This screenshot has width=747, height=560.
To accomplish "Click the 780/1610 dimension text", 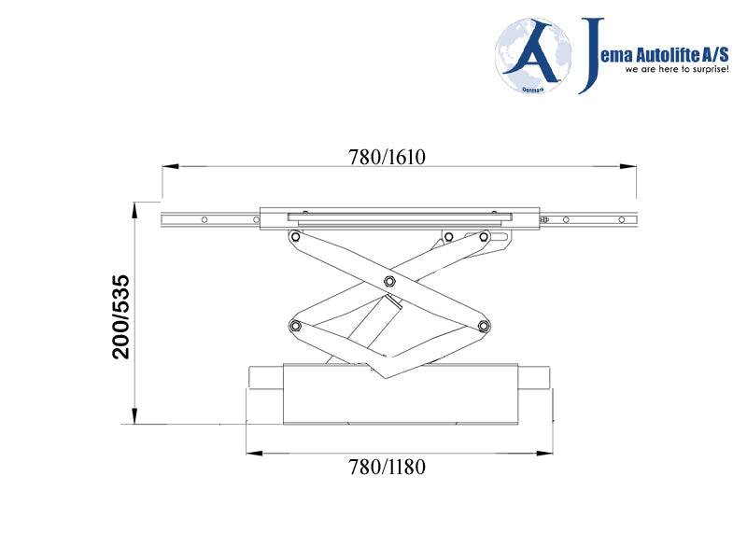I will click(x=387, y=157).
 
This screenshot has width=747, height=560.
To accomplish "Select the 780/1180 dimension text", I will click(x=387, y=467).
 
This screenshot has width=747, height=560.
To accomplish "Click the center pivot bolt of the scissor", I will click(x=388, y=282).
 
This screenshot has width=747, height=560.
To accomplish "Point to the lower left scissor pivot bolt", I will click(x=295, y=325).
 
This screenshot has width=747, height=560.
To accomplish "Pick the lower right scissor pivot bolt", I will click(x=483, y=325).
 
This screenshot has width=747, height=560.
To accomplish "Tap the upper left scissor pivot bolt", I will click(x=295, y=237).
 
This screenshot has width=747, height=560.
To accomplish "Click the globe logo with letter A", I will click(x=533, y=56).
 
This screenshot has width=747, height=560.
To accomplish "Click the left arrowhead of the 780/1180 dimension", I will click(x=253, y=454).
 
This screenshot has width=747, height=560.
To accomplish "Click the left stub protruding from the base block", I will click(x=265, y=377).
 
